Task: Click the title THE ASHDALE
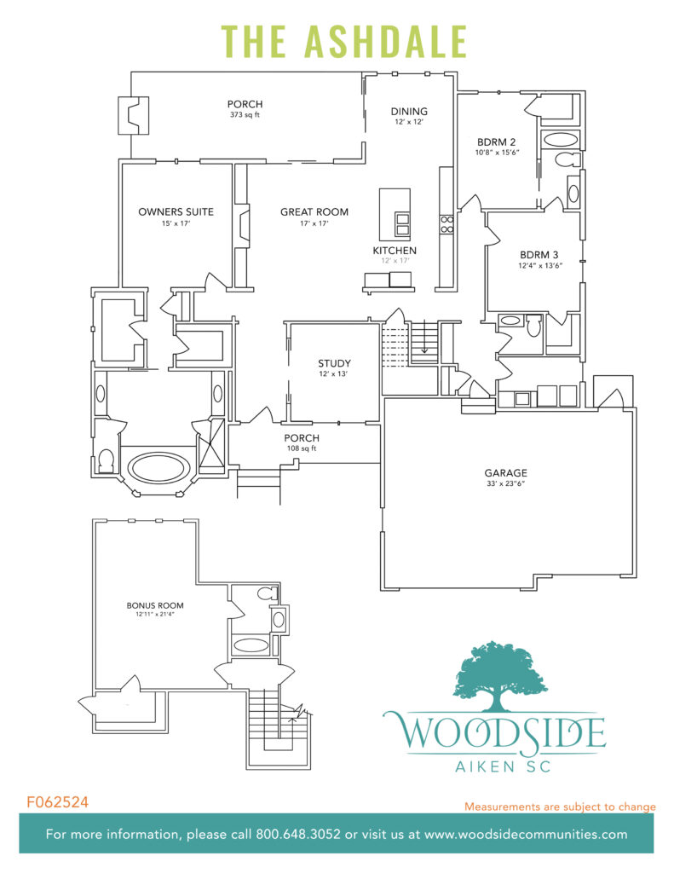[x=344, y=41]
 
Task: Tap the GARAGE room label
[x=506, y=472]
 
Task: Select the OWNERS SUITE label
[x=176, y=211]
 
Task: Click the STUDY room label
[x=334, y=363]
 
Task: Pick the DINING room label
[x=409, y=111]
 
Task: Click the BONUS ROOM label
[x=154, y=605]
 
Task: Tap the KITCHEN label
[x=395, y=250]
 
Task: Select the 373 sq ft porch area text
[x=245, y=115]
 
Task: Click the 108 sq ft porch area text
[x=302, y=448]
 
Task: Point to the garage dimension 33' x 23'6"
[x=506, y=484]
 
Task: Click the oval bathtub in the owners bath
[x=158, y=468]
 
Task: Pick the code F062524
[x=58, y=802]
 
